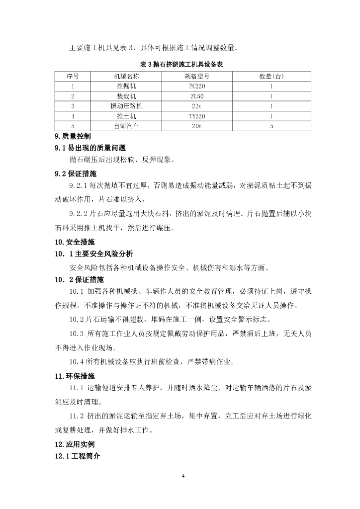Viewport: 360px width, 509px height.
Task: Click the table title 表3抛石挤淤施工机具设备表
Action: pyautogui.click(x=180, y=65)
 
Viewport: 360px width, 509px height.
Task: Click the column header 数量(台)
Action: pyautogui.click(x=271, y=76)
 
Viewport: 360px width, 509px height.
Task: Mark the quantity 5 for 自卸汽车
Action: pyautogui.click(x=271, y=126)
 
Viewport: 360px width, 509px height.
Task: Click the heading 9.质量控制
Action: pyautogui.click(x=73, y=136)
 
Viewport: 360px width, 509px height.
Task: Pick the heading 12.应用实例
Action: pyautogui.click(x=75, y=444)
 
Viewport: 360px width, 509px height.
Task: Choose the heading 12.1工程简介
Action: pyautogui.click(x=78, y=456)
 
